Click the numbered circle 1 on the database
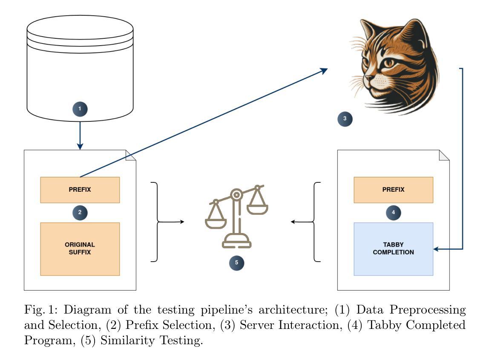click(x=80, y=109)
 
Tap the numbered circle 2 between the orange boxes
click(x=80, y=213)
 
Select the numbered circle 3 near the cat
click(x=345, y=119)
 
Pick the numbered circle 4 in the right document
click(x=393, y=213)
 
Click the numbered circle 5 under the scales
click(x=236, y=263)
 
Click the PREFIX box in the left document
click(x=80, y=190)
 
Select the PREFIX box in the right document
click(x=393, y=190)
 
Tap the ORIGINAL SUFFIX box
click(x=80, y=249)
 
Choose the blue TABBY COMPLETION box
click(x=393, y=249)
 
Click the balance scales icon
click(x=236, y=216)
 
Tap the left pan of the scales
click(x=216, y=224)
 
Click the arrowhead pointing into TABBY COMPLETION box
click(x=436, y=249)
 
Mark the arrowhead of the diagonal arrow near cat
click(x=324, y=70)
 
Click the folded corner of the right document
click(x=444, y=155)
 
